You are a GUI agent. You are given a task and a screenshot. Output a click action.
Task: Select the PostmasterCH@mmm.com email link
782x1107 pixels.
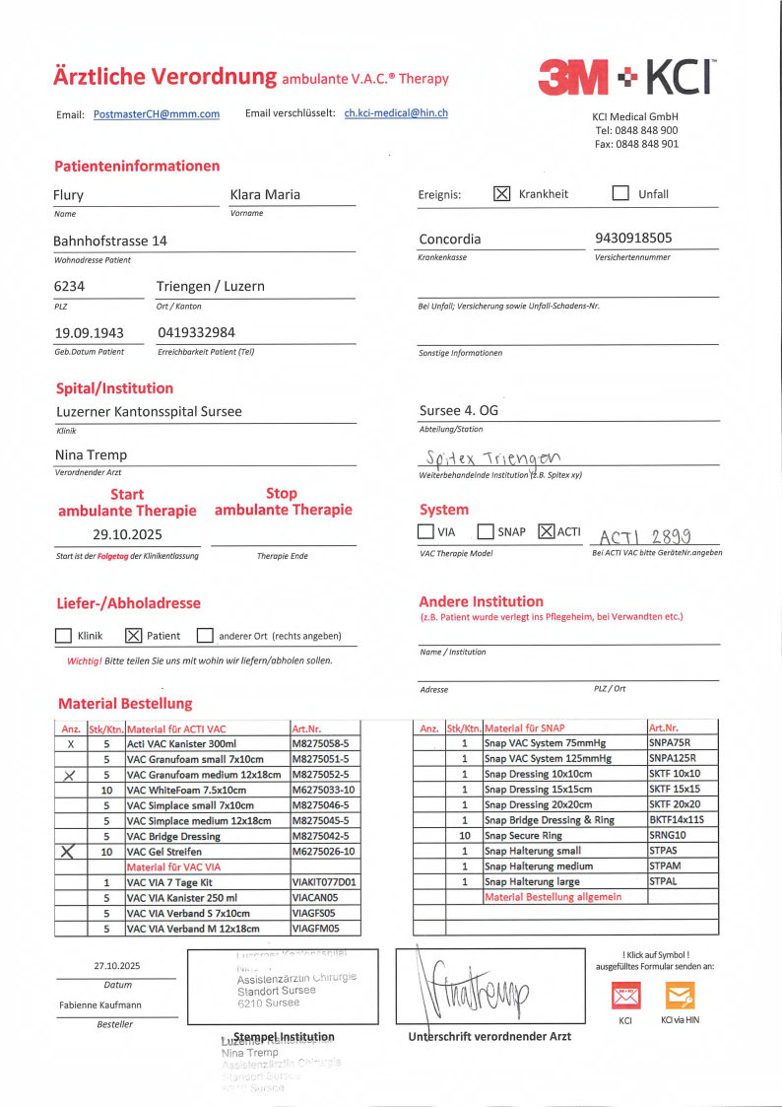tap(157, 114)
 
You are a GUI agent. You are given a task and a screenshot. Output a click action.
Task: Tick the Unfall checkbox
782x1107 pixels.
tap(620, 193)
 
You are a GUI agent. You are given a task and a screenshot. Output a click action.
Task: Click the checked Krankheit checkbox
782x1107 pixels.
tap(501, 193)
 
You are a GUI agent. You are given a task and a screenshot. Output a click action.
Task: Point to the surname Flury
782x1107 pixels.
tap(68, 195)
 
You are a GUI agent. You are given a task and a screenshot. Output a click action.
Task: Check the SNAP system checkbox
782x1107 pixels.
tap(486, 532)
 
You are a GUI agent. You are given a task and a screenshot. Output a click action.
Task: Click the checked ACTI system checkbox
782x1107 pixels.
tap(548, 532)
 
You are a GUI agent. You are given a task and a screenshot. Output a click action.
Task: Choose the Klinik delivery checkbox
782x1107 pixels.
tap(63, 636)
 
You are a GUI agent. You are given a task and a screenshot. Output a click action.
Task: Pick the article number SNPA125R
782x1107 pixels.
tap(672, 759)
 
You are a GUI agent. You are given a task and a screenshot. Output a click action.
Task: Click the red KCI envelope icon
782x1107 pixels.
tap(625, 995)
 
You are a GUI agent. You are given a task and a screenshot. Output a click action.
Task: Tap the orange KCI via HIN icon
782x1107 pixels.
tap(681, 995)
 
